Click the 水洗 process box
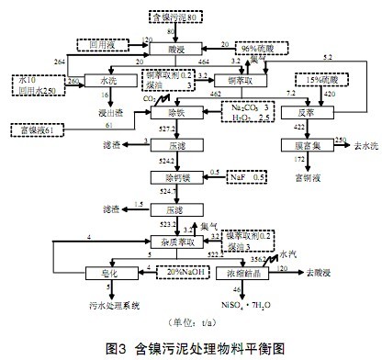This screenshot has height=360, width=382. point(100,80)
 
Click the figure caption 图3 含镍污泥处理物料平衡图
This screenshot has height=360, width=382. point(190,348)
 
